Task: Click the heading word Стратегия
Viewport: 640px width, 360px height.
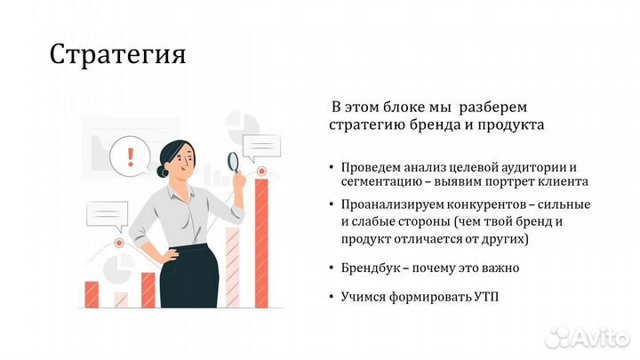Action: pyautogui.click(x=117, y=54)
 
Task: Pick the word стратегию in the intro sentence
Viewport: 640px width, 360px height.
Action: pyautogui.click(x=364, y=125)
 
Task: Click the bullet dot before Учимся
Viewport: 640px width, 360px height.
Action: pyautogui.click(x=332, y=296)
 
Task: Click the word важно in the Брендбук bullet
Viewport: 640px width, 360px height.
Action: pyautogui.click(x=500, y=268)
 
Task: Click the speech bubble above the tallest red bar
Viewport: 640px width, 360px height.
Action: pyautogui.click(x=261, y=145)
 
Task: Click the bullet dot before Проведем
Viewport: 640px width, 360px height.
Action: pyautogui.click(x=332, y=167)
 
